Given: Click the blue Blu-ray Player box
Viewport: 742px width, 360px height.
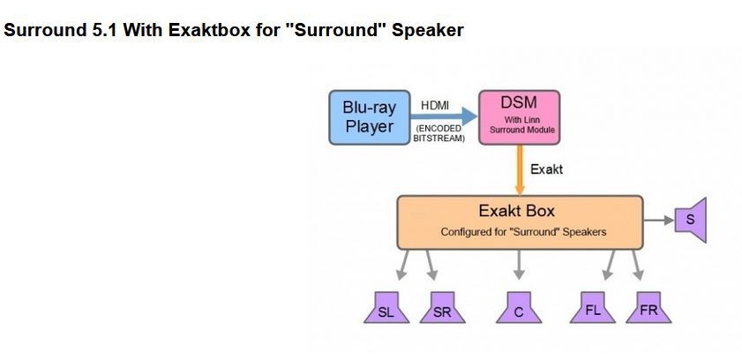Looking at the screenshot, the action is [x=370, y=117].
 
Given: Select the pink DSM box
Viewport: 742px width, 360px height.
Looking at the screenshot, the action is [x=520, y=117].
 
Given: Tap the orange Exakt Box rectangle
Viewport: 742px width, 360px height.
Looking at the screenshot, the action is [x=520, y=222].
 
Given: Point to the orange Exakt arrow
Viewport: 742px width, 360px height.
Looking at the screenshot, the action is [x=520, y=169].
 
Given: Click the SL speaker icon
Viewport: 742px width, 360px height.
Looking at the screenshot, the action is [x=386, y=307].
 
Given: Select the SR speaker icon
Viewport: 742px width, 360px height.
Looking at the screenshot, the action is [x=442, y=307].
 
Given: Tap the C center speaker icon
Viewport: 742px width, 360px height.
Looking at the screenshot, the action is [x=519, y=307].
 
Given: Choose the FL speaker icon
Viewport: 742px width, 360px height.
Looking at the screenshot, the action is [x=593, y=307].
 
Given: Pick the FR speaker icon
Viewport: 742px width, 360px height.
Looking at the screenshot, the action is [x=648, y=307].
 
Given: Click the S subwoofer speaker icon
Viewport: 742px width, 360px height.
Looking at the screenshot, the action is [x=691, y=220].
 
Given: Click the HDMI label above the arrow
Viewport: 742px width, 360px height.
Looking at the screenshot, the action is [x=435, y=106].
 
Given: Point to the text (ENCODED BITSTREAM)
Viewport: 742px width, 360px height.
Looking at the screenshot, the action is [x=439, y=133].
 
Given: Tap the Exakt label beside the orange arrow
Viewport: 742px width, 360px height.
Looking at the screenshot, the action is [x=546, y=169].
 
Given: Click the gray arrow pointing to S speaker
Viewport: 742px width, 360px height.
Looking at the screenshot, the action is [x=659, y=220].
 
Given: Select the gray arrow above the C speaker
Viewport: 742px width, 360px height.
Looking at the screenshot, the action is [x=519, y=265].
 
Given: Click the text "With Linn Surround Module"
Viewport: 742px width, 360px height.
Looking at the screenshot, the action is [x=522, y=125].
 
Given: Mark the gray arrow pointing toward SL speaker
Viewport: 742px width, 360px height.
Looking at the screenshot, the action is [x=404, y=265].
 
